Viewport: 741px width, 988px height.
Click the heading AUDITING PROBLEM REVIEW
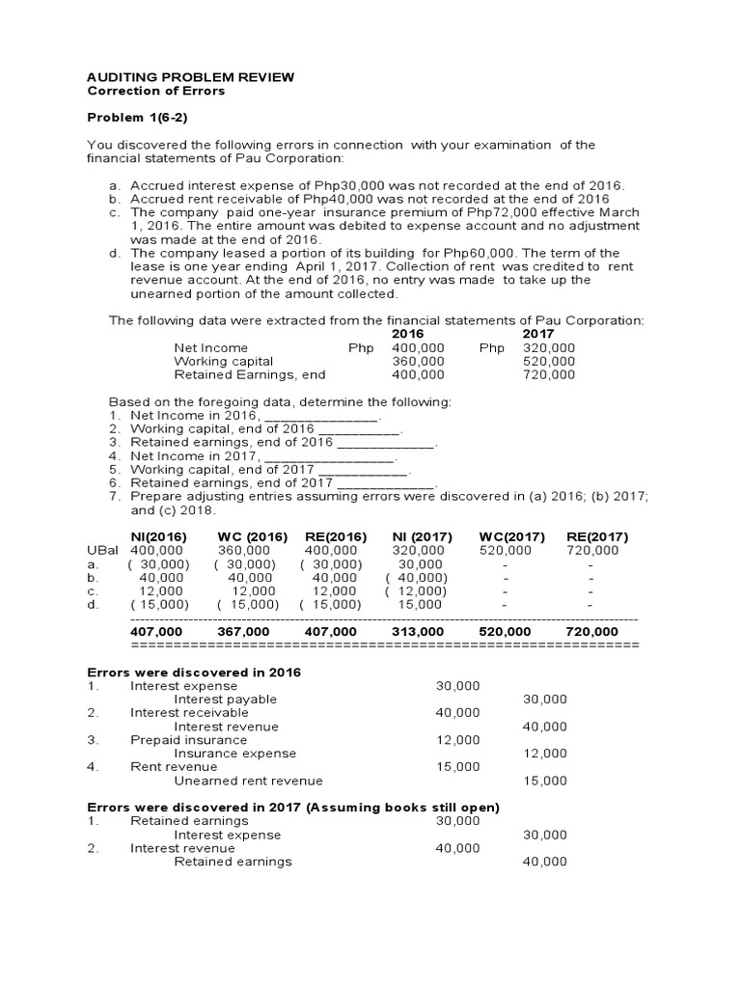pyautogui.click(x=191, y=77)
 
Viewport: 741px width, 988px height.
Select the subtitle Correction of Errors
pyautogui.click(x=156, y=91)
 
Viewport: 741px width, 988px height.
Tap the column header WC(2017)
pyautogui.click(x=511, y=537)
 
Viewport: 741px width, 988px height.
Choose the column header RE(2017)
pyautogui.click(x=597, y=537)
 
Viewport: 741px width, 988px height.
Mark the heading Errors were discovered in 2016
pyautogui.click(x=194, y=672)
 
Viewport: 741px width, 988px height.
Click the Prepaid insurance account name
pyautogui.click(x=175, y=740)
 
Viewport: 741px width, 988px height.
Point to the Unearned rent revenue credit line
pyautogui.click(x=248, y=781)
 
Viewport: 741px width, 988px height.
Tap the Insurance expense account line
pyautogui.click(x=234, y=754)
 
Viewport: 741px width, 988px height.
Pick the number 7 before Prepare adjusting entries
pyautogui.click(x=114, y=496)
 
